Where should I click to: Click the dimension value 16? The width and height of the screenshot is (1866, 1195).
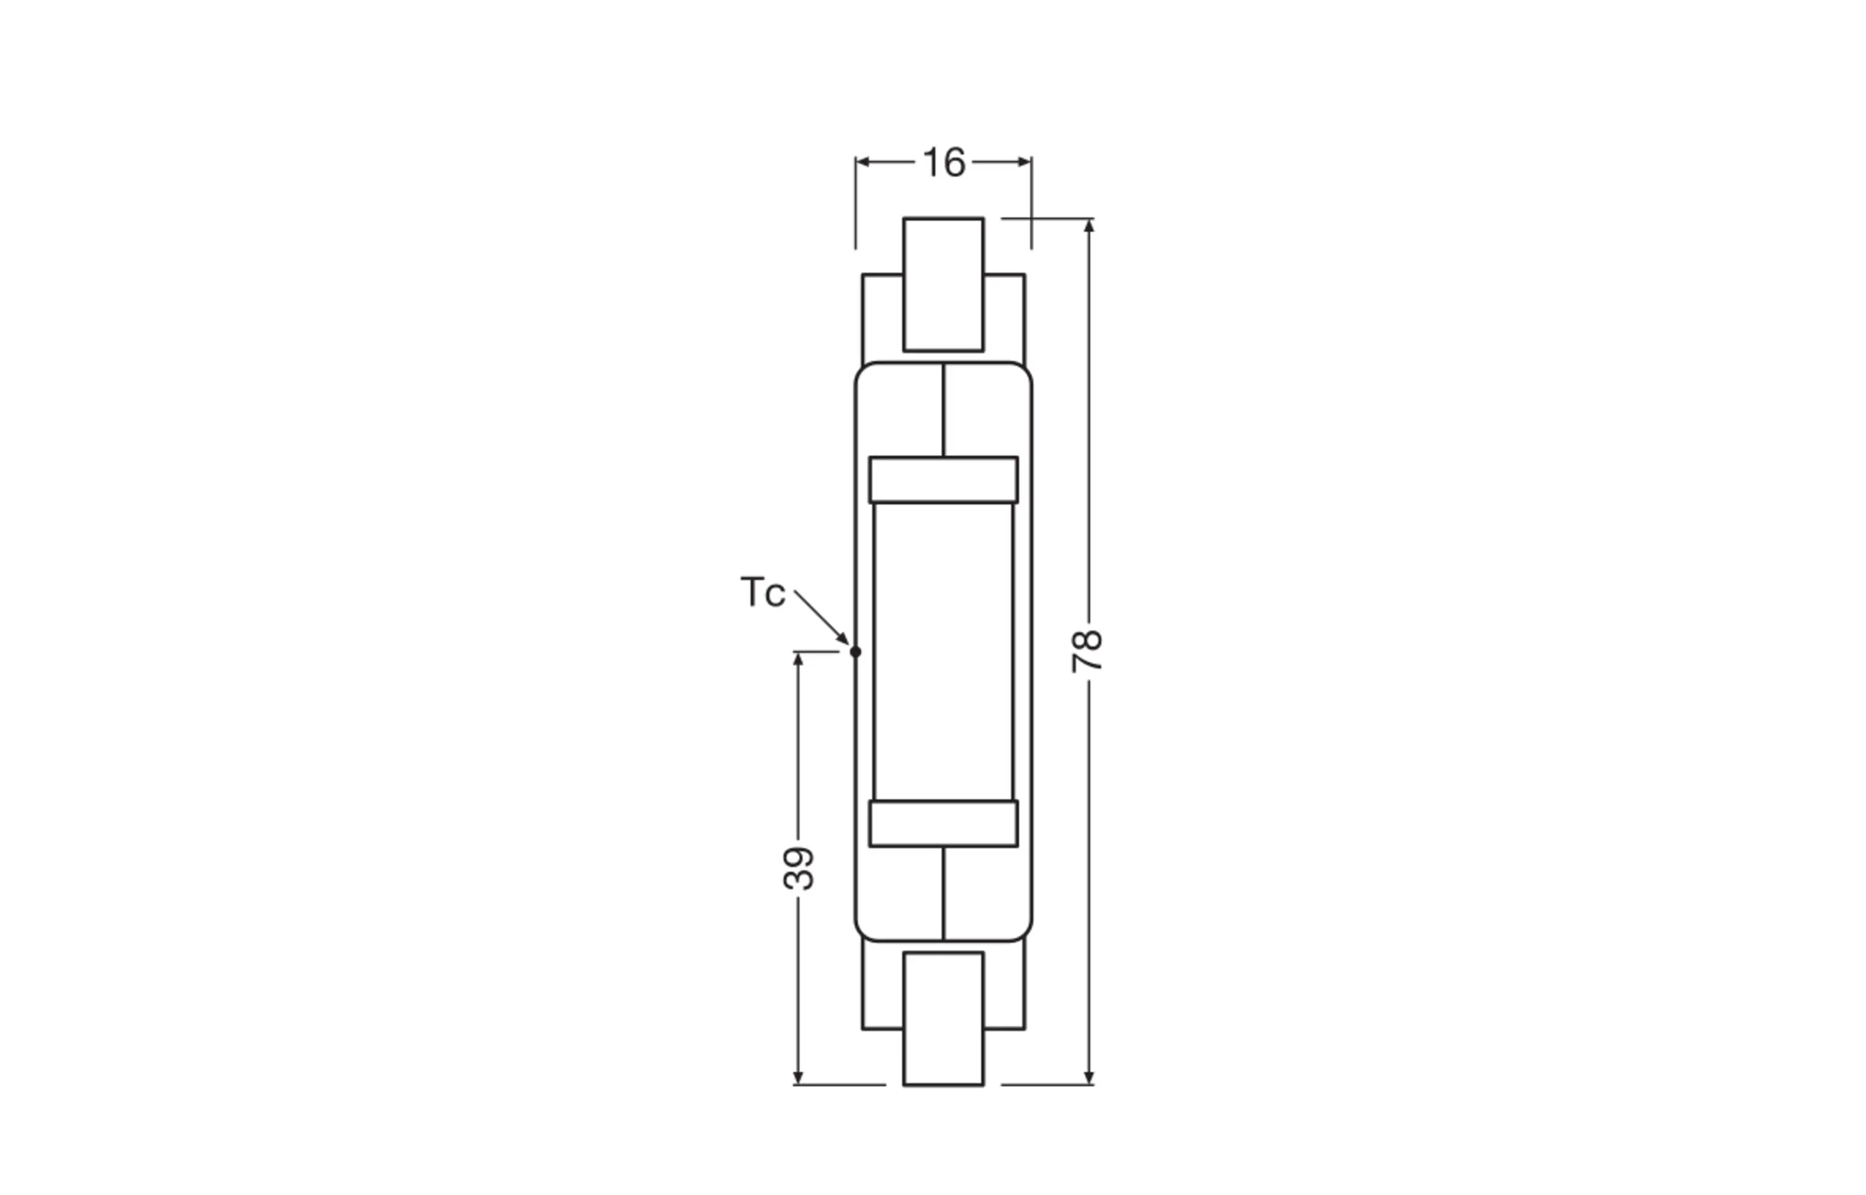pos(944,163)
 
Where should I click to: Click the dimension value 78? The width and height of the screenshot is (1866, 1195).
pos(1087,650)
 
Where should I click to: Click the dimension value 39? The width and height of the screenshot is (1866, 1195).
pos(799,869)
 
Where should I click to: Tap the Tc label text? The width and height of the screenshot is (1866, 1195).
pos(762,593)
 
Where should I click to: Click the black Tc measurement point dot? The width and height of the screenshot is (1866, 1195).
pos(855,652)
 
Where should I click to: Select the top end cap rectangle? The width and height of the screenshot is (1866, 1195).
pos(943,284)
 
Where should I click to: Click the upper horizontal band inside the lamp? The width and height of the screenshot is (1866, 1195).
pos(943,479)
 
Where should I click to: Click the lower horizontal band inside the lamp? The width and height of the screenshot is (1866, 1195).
pos(943,823)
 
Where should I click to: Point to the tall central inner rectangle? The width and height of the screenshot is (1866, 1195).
pos(943,652)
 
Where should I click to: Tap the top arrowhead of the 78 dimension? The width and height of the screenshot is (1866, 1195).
pos(1088,226)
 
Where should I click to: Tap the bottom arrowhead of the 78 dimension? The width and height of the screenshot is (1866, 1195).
pos(1088,1078)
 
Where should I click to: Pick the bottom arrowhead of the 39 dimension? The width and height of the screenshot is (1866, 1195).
pos(798,1078)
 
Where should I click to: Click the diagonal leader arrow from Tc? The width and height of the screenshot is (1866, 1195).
pos(821,617)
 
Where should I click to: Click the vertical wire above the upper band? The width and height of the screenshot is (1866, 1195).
pos(943,409)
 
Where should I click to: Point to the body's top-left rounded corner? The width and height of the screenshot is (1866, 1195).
pos(861,369)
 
